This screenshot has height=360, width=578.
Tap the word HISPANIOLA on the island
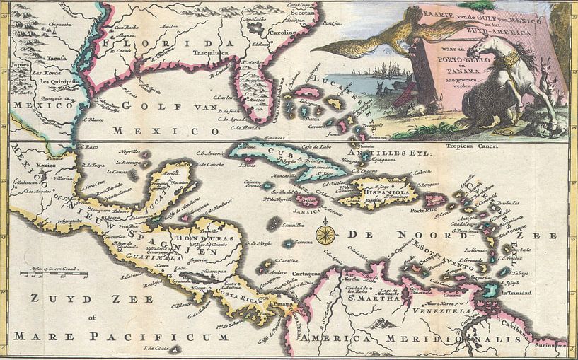pos(383,190)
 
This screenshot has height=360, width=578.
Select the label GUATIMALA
pos(164,260)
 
